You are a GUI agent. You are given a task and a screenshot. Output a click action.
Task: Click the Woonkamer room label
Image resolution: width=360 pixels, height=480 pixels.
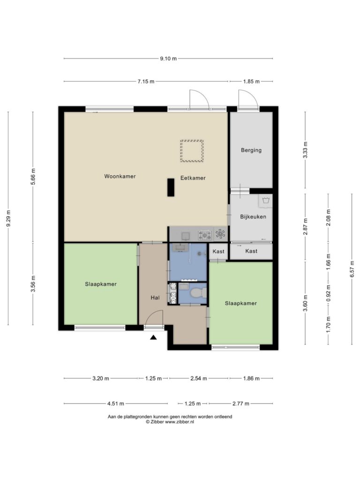(120, 176)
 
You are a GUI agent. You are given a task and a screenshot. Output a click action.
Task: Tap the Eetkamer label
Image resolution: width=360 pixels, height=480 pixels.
(193, 178)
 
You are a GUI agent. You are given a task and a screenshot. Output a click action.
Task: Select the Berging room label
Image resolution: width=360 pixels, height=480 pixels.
(251, 150)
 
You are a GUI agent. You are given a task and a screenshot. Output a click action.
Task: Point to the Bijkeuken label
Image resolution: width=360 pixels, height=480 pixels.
(253, 217)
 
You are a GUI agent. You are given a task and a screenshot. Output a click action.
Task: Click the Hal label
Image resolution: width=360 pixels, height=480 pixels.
(155, 298)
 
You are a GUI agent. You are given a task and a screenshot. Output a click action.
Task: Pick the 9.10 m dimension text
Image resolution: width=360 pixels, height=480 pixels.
(168, 59)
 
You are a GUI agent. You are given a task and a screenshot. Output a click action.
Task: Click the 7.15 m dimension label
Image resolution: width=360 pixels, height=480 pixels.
(146, 82)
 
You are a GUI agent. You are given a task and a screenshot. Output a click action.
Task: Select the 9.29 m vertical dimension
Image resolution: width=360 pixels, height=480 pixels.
(8, 218)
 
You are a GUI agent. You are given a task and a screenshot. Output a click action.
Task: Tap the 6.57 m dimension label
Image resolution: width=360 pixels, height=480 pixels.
(352, 269)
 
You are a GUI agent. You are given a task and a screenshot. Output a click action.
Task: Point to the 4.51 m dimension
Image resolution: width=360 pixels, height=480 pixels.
(116, 404)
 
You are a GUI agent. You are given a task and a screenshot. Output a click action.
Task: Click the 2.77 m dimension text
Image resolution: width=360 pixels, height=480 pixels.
(241, 404)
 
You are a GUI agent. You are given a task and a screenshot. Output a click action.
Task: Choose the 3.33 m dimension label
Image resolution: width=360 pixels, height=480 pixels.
(305, 150)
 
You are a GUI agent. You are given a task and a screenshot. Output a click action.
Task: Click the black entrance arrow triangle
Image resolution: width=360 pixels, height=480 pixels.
(153, 337)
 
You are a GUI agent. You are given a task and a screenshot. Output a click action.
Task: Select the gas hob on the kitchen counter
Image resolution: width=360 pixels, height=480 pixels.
(205, 235)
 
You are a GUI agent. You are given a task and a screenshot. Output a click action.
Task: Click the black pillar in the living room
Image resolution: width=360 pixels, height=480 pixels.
(171, 187)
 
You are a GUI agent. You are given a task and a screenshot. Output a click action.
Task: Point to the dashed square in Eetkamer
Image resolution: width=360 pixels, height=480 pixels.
(192, 151)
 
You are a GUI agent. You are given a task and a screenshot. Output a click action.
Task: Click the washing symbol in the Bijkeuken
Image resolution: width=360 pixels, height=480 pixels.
(265, 201)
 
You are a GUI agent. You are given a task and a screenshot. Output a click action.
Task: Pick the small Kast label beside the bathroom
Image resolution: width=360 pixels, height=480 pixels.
(218, 251)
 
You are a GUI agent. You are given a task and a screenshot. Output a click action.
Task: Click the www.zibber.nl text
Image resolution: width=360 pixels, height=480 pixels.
(180, 422)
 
